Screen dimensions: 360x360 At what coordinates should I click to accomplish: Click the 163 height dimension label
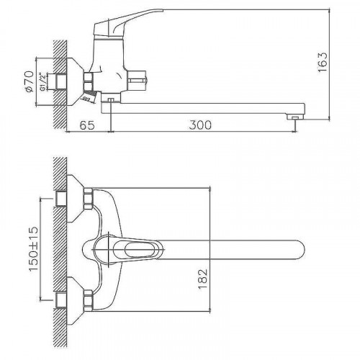tap(322, 62)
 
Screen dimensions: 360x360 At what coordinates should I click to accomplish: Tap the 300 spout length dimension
tap(200, 125)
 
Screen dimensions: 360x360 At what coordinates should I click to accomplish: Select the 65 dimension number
tap(87, 125)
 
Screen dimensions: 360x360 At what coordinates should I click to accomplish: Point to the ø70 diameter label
tap(29, 81)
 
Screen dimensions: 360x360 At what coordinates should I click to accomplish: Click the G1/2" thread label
tap(42, 81)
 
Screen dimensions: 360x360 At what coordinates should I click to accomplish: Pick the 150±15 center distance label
tap(34, 248)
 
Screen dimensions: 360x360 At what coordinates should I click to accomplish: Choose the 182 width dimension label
tap(203, 279)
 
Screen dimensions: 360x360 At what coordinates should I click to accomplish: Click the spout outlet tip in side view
tap(295, 117)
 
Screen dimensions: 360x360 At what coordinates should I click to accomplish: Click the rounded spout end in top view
tap(300, 249)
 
